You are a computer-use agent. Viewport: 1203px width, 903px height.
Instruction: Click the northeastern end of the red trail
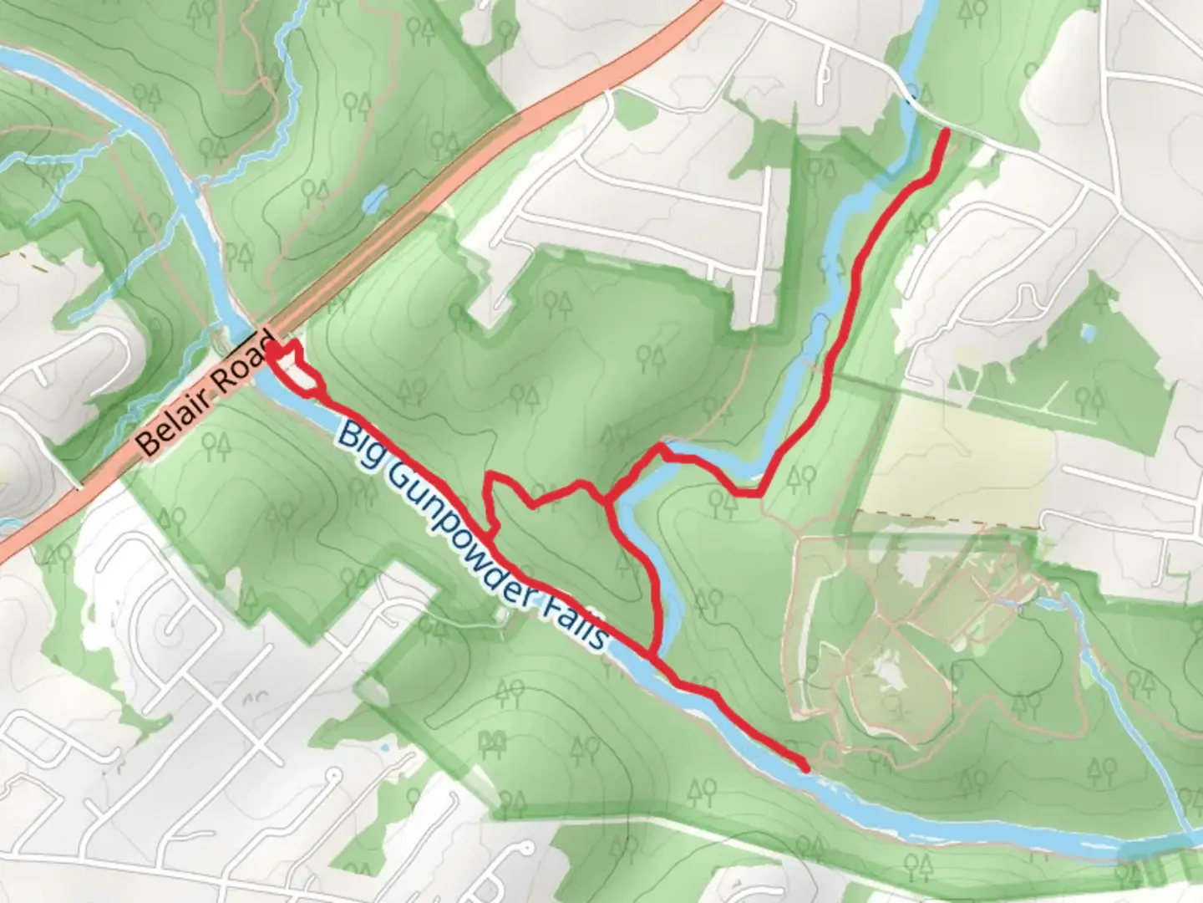point(946,132)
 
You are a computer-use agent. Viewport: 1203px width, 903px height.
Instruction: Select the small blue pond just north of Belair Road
point(375,199)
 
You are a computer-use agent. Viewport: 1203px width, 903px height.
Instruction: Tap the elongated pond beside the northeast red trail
point(814,339)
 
